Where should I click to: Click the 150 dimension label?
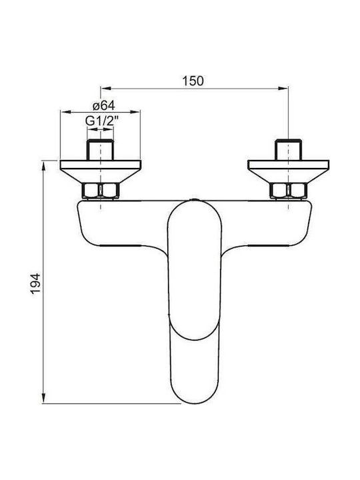click(x=193, y=81)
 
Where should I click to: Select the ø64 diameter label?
click(x=103, y=105)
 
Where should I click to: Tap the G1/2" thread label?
click(x=101, y=121)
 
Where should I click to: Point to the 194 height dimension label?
click(x=35, y=284)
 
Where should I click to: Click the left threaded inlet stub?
click(x=101, y=150)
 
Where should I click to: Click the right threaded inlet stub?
click(x=288, y=150)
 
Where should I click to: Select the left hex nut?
click(x=101, y=191)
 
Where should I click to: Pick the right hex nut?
click(x=288, y=191)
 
